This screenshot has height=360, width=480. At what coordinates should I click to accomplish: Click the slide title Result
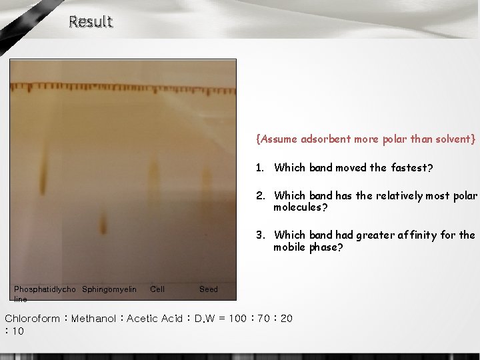91,22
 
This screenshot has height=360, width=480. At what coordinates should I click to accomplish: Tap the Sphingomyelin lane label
109,289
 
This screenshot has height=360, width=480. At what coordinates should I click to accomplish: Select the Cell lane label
157,289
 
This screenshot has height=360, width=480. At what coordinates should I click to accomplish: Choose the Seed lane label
208,289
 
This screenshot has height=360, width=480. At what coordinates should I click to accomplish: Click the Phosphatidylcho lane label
45,289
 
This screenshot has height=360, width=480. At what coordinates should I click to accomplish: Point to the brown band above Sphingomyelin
103,222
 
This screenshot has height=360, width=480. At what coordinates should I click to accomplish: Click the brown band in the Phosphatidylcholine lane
43,173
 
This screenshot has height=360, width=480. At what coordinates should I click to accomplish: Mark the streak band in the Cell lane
154,180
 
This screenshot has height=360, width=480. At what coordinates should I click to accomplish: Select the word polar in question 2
464,196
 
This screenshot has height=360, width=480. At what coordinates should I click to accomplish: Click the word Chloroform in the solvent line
32,319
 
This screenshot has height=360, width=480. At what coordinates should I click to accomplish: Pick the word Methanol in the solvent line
94,319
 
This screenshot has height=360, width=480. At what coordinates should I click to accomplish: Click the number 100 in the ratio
237,319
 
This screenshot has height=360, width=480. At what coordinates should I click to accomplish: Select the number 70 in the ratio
265,319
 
